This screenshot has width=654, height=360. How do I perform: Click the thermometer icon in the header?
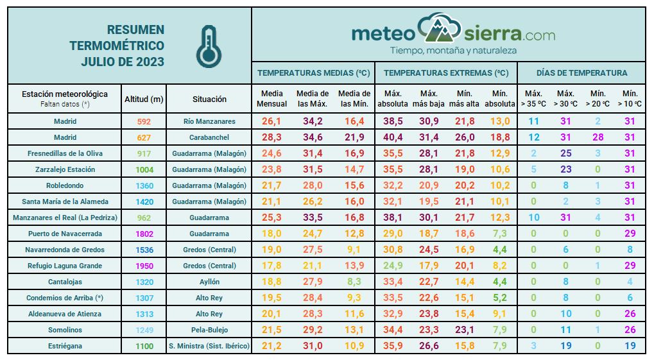207,46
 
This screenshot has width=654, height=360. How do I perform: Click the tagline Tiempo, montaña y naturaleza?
453,50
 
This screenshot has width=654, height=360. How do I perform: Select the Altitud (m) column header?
144,99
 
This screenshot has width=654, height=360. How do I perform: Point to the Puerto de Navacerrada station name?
65,234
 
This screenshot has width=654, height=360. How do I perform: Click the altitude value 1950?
144,266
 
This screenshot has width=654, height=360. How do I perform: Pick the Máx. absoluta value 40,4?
391,137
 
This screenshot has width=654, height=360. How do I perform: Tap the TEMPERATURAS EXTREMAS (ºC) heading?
446,73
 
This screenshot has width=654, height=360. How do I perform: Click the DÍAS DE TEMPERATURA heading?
581,73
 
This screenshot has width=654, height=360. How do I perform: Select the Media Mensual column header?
272,99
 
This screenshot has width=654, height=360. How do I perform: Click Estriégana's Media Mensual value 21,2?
272,346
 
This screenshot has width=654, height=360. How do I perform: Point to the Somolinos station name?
65,330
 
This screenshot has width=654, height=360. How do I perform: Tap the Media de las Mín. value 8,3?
354,282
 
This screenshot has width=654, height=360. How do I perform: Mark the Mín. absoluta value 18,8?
499,137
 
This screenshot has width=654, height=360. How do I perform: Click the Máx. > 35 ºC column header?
533,99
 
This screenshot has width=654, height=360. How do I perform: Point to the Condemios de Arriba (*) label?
65,298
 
